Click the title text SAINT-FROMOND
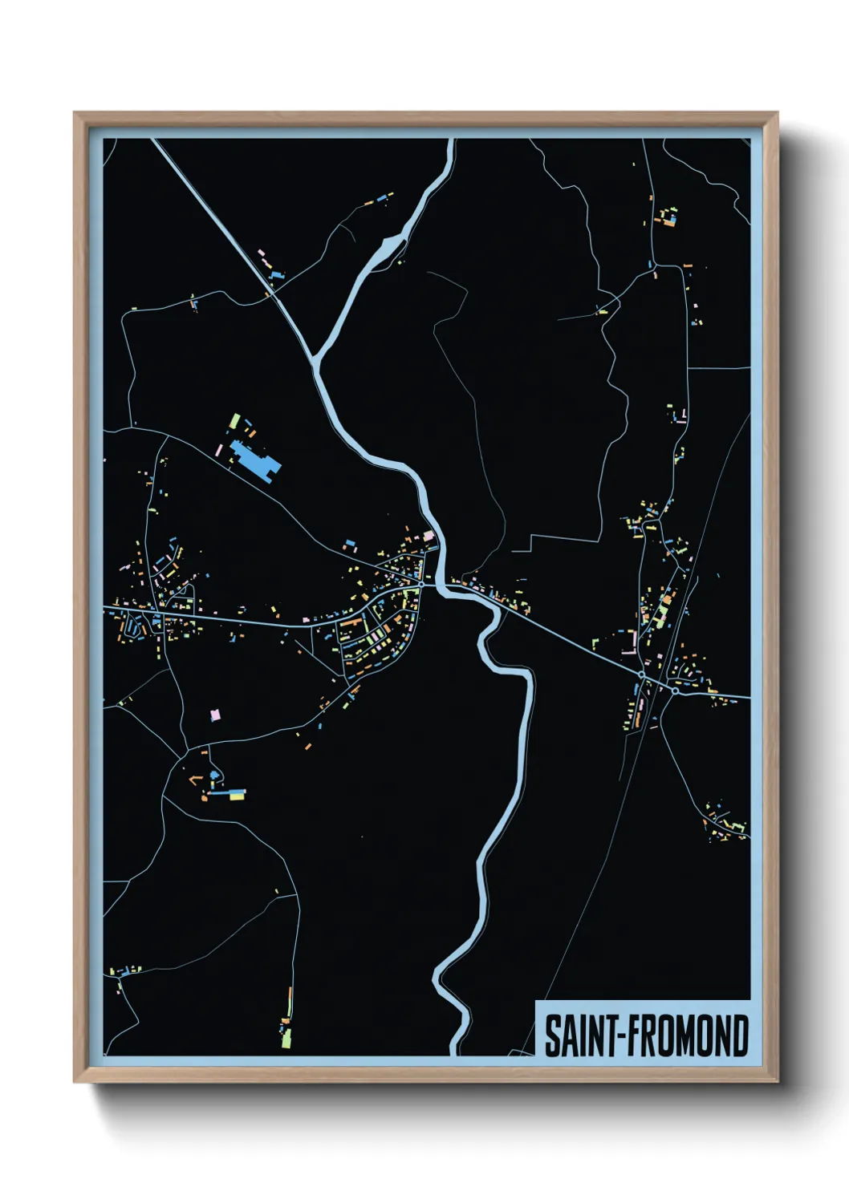[647, 1035]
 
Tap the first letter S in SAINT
[553, 1035]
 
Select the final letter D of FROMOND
[740, 1035]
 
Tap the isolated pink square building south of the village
[214, 713]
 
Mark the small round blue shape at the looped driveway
[213, 776]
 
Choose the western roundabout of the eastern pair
[641, 675]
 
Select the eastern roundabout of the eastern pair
[676, 690]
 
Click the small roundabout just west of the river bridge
[421, 583]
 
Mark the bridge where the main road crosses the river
[443, 588]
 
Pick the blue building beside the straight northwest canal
[278, 274]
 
